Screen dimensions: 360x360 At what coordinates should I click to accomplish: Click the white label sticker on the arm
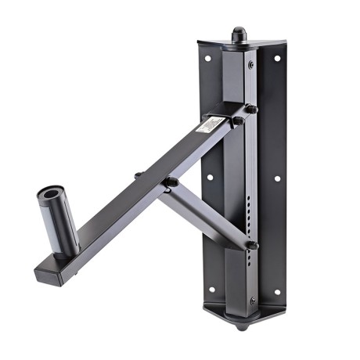pos(212,124)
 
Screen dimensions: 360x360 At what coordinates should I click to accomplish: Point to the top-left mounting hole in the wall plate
pos(210,58)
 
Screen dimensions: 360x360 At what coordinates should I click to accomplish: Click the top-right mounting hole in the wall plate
pos(276,58)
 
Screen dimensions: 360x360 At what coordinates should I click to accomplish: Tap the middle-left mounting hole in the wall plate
pos(210,178)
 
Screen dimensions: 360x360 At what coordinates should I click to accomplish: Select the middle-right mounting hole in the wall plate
pos(276,178)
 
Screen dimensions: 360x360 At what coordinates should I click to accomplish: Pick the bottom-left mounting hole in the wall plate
pos(210,290)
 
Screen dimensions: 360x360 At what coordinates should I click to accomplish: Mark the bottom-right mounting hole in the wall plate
pos(276,291)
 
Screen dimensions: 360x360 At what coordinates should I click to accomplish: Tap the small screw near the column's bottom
pos(251,300)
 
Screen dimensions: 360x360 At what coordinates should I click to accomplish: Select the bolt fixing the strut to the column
pos(252,245)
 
